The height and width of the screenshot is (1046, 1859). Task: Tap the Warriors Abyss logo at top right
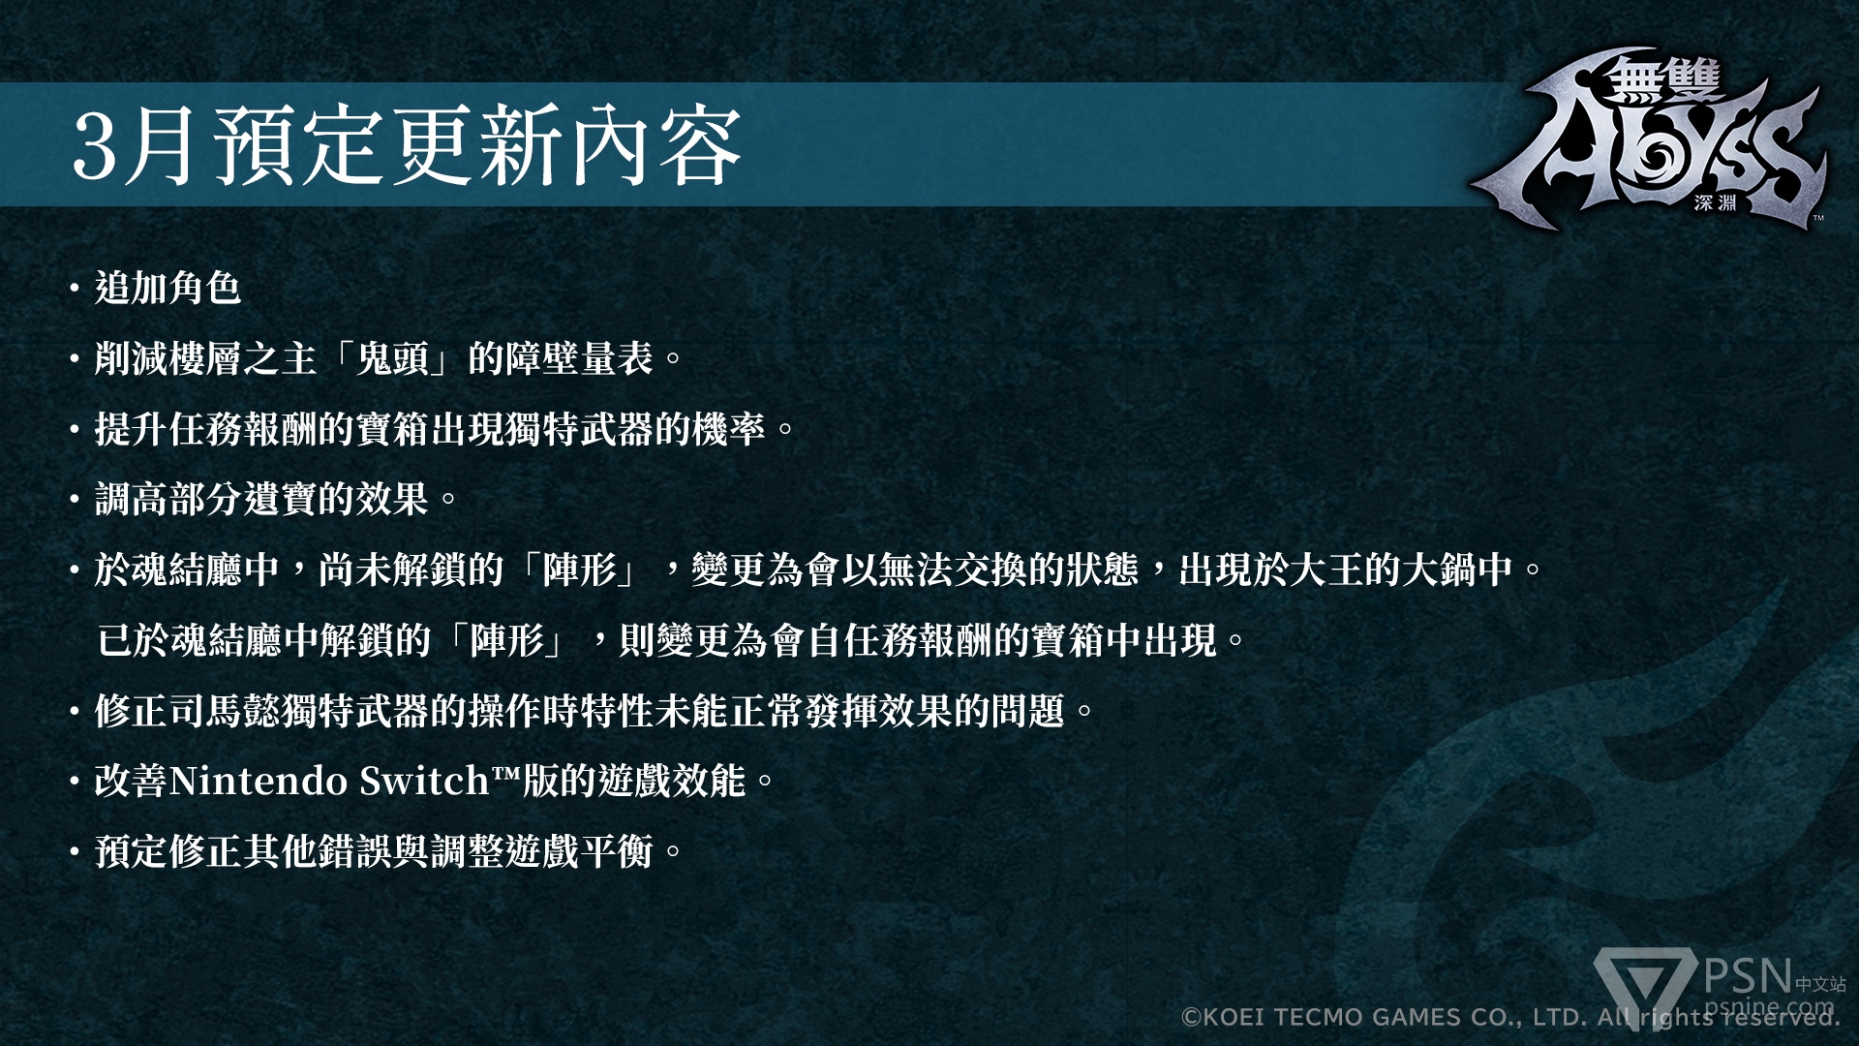pyautogui.click(x=1650, y=140)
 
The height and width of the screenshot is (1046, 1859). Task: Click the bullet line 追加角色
pyautogui.click(x=168, y=288)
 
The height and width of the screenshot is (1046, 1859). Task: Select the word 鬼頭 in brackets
pyautogui.click(x=393, y=358)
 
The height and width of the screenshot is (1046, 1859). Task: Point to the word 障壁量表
pyautogui.click(x=579, y=358)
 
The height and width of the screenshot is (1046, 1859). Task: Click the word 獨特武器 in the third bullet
pyautogui.click(x=579, y=429)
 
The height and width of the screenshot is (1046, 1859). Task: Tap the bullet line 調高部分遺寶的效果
pyautogui.click(x=261, y=500)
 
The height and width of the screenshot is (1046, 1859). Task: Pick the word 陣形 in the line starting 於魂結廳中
pyautogui.click(x=580, y=569)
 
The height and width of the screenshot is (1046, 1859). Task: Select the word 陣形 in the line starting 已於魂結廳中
pyautogui.click(x=507, y=640)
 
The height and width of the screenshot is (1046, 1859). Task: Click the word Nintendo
pyautogui.click(x=259, y=782)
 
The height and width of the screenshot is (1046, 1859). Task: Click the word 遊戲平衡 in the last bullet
pyautogui.click(x=579, y=852)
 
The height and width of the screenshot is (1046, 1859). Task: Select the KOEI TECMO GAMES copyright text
pyautogui.click(x=1510, y=1017)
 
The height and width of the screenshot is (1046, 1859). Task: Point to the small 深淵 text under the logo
pyautogui.click(x=1716, y=203)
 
